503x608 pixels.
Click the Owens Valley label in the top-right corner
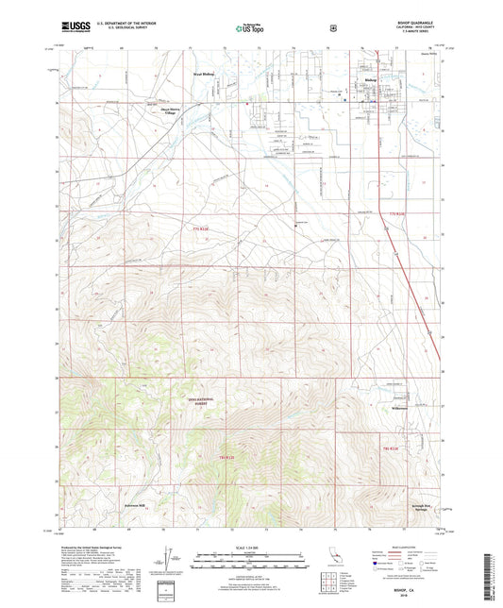tap(428, 54)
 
